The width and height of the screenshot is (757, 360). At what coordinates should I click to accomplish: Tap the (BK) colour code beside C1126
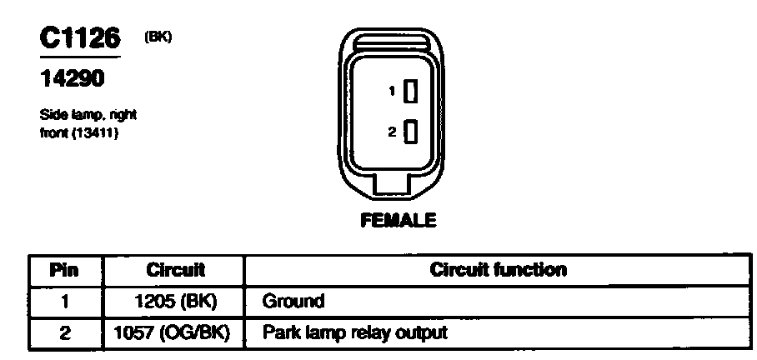(158, 37)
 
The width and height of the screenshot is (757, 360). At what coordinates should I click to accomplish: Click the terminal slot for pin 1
(409, 92)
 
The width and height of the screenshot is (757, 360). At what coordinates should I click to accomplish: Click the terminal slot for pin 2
(409, 132)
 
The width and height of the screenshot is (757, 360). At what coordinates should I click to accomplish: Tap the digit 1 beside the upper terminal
(392, 92)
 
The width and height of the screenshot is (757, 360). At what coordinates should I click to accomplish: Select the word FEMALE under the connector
(398, 221)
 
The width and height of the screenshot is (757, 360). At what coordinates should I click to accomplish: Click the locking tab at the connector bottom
(398, 185)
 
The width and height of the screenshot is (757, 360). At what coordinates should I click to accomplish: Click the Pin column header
(64, 270)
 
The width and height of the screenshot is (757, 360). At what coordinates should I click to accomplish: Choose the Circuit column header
(175, 270)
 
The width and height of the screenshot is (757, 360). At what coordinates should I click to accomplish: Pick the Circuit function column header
(498, 270)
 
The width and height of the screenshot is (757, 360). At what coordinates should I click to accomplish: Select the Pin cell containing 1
(64, 301)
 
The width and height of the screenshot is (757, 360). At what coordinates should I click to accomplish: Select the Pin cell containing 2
(64, 332)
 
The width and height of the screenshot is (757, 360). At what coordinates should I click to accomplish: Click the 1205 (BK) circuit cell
(176, 301)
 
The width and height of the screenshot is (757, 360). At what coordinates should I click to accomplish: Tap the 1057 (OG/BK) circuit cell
(176, 332)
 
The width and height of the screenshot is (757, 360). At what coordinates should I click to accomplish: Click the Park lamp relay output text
(354, 332)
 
